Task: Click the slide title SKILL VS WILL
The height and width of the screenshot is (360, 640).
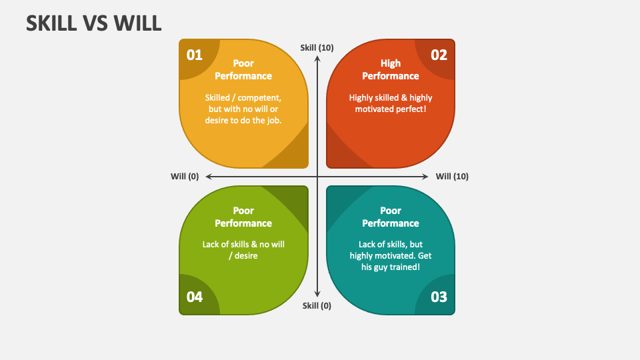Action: [94, 23]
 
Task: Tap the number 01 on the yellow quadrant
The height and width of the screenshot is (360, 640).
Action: [194, 55]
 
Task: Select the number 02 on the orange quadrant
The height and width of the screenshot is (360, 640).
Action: [439, 55]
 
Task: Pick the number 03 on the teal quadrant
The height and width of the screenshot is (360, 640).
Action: [439, 297]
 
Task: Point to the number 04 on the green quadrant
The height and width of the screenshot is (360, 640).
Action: [194, 297]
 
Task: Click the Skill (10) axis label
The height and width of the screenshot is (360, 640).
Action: [317, 48]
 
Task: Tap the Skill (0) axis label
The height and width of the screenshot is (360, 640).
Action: [317, 306]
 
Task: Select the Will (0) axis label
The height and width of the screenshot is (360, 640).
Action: [185, 176]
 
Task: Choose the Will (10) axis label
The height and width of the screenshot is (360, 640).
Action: [452, 176]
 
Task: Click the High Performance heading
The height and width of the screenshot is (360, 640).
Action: [391, 70]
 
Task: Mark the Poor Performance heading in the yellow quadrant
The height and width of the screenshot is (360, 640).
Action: [243, 70]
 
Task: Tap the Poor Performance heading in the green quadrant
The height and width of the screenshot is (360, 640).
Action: [243, 217]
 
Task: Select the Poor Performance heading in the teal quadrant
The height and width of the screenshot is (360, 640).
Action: [391, 217]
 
